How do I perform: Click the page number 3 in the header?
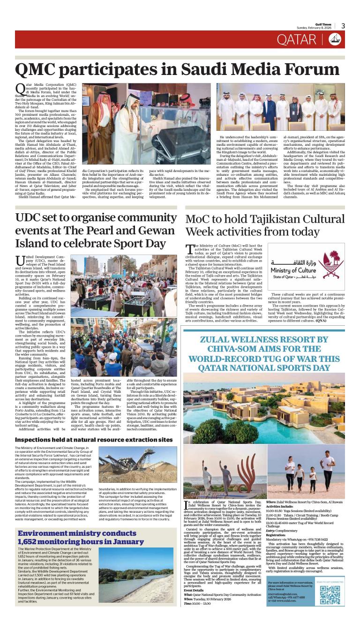click(343, 26)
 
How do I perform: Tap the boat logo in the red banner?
click(335, 40)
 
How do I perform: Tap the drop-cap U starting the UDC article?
click(20, 261)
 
